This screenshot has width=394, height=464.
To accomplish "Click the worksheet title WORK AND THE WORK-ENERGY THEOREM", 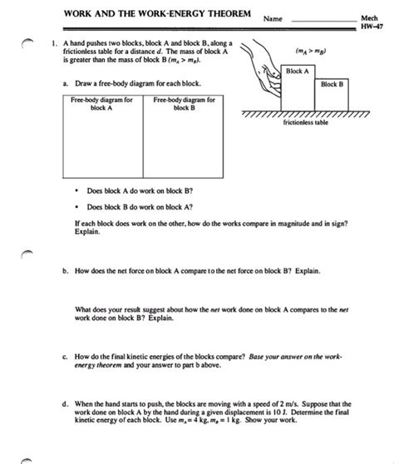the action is pos(157,13).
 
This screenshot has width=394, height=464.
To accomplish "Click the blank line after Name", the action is pos(324,22).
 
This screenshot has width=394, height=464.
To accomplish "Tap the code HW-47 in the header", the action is pos(372,27).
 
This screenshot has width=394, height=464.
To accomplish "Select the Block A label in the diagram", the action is pos(298,71).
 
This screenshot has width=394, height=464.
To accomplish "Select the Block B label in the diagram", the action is pos(332,84).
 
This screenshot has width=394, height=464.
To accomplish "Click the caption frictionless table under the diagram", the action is pos(306,122).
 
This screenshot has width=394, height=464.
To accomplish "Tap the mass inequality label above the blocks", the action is pos(311,51).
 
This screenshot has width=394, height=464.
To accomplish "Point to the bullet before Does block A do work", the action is pos(77,191).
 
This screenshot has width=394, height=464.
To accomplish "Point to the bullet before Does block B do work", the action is pos(77,207).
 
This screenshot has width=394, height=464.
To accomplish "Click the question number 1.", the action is pos(54,43).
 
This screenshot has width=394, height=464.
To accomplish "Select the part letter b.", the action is pos(66,271).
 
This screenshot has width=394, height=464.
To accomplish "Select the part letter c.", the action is pos(65,357).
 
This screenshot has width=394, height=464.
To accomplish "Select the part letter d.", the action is pos(66,404).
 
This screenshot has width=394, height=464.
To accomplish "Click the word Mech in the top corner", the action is pos(369,18).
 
